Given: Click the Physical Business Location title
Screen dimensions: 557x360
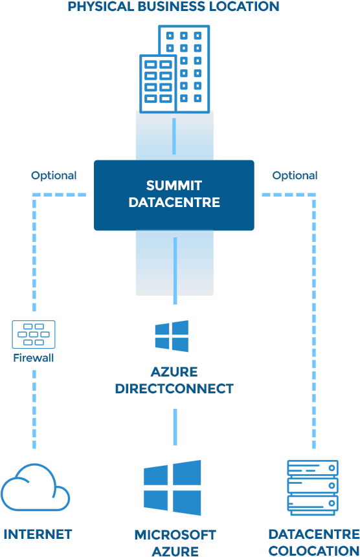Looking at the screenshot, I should (174, 7).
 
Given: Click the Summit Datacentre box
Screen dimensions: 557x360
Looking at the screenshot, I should (174, 195).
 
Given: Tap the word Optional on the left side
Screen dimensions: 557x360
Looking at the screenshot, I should (54, 175).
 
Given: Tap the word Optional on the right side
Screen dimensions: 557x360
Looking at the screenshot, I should (295, 175).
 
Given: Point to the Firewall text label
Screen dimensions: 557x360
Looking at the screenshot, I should (34, 358).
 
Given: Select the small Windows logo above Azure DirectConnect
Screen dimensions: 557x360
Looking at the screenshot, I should (172, 336).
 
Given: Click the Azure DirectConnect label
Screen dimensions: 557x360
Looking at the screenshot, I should (174, 380).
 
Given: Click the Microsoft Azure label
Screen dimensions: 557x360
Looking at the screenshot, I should (175, 542).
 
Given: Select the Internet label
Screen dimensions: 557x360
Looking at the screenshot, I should (38, 534).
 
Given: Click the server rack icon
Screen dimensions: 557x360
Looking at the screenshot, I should (313, 487).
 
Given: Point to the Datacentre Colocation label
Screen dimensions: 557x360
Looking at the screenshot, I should (313, 542).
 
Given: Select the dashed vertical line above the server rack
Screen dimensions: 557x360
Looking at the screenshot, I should (314, 323).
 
